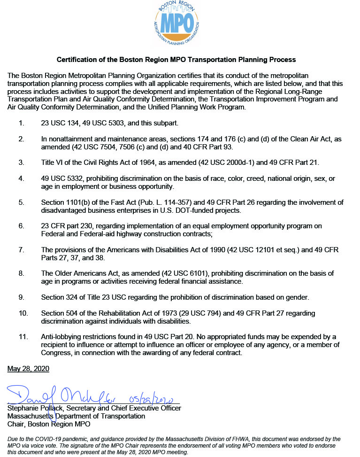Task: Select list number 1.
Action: point(21,123)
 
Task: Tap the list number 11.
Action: point(23,337)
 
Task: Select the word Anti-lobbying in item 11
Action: point(62,337)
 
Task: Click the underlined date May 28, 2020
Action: point(28,369)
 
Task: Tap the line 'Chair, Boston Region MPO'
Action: point(49,424)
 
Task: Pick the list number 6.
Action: point(21,226)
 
